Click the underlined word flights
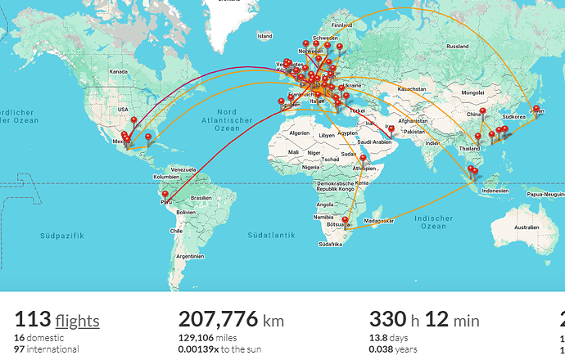tap(78, 320)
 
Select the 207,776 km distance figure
tap(231, 319)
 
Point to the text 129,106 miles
tap(208, 337)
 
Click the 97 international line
tap(46, 349)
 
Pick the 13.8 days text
tap(391, 337)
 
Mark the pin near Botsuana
tap(346, 221)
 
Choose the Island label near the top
tap(264, 36)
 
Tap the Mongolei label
tap(473, 92)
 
